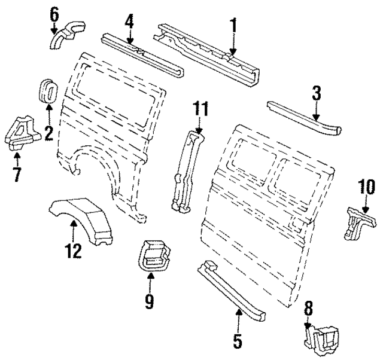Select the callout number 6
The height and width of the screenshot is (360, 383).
(54, 13)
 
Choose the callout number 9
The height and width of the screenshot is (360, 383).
(150, 301)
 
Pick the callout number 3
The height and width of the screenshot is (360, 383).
(316, 93)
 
